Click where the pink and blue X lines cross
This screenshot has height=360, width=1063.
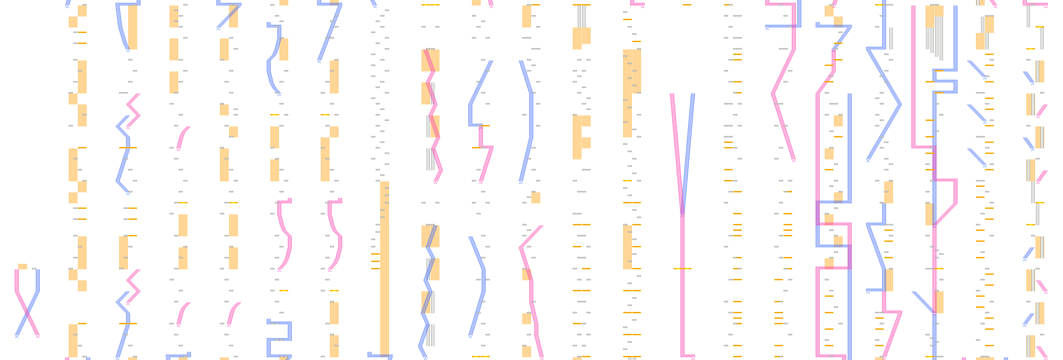[27, 313]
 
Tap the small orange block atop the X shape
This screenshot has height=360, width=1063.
[22, 266]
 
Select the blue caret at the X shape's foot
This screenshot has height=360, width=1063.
[16, 337]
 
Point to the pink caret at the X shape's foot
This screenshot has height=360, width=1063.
[38, 337]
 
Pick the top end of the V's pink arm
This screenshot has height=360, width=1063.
[672, 95]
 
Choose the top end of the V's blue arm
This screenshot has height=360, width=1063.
[693, 95]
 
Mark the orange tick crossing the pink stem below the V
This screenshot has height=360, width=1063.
[682, 268]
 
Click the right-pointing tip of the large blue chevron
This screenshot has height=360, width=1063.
[901, 104]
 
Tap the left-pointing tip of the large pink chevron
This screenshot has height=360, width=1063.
[773, 93]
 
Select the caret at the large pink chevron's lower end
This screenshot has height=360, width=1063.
[794, 161]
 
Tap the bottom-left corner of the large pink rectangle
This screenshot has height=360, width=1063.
[817, 355]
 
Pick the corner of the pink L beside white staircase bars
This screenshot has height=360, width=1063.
[914, 147]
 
